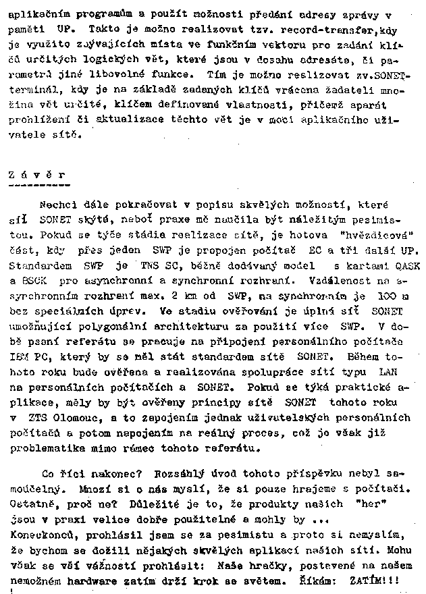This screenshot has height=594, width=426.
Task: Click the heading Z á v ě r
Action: click(38, 174)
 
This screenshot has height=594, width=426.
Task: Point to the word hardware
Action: click(95, 579)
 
